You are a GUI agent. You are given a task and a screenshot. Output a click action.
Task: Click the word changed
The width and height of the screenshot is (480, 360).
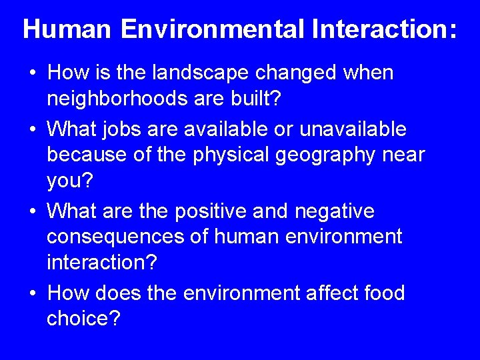[x=309, y=73]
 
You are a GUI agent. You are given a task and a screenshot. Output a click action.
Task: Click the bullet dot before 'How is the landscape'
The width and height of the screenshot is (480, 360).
[x=33, y=74]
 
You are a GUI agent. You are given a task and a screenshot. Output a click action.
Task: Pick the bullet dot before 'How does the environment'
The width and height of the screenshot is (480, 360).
[x=33, y=293]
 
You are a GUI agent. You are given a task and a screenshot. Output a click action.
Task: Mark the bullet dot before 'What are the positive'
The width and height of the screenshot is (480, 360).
[x=33, y=212]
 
